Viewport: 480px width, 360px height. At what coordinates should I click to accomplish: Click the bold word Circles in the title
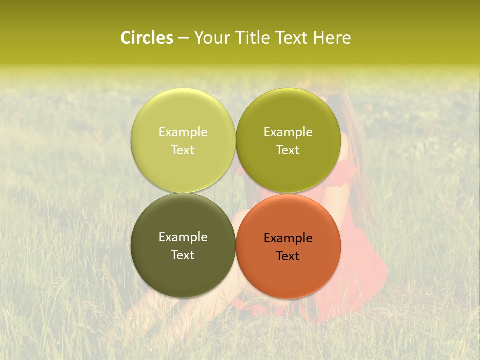pos(147,38)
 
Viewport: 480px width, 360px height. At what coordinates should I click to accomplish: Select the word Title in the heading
pos(253,38)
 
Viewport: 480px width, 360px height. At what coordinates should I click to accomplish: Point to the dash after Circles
pos(183,38)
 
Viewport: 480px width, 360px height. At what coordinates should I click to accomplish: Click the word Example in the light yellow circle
pos(183,132)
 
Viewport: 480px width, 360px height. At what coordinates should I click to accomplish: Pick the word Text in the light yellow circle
pos(183,150)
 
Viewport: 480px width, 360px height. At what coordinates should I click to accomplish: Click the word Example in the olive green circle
pos(288,132)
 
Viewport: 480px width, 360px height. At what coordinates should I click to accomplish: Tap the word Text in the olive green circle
pos(288,150)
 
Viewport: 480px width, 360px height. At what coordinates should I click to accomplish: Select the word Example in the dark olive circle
pos(183,237)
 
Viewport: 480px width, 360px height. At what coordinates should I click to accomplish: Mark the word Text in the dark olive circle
pos(183,255)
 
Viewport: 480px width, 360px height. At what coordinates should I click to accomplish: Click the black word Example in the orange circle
pos(288,238)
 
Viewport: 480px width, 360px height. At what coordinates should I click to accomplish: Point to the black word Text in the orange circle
pos(288,256)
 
